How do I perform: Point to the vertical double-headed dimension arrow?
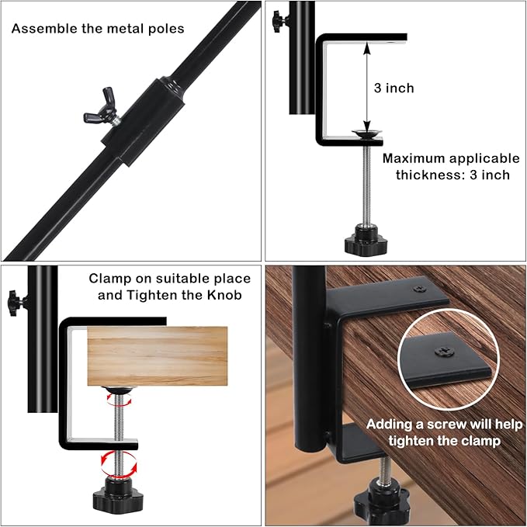pyautogui.click(x=368, y=87)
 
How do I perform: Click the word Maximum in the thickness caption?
pyautogui.click(x=417, y=158)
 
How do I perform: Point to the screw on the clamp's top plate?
pyautogui.click(x=419, y=289)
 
